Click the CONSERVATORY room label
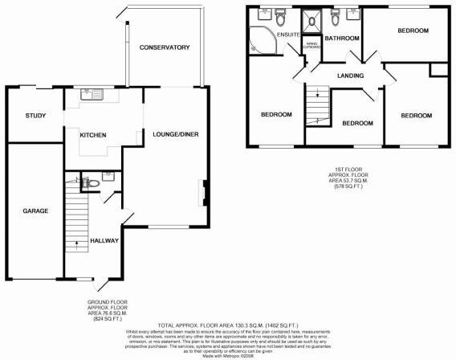click(164, 48)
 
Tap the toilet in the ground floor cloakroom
click(92, 183)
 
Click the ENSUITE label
click(288, 35)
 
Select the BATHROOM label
click(340, 37)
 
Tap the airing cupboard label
click(311, 44)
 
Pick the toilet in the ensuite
click(279, 16)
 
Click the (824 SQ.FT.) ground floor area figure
click(108, 319)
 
